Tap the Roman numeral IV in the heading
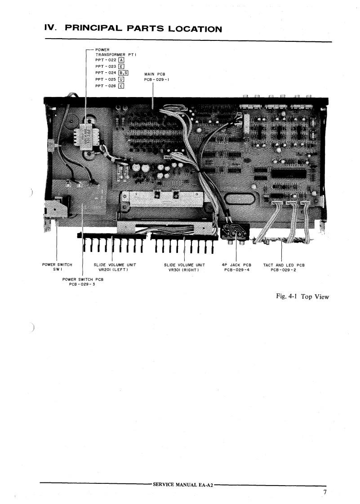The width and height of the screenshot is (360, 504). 50,29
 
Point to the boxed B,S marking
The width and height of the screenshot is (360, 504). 123,73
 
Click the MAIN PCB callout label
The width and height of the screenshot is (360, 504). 154,75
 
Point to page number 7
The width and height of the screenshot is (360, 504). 324,493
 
